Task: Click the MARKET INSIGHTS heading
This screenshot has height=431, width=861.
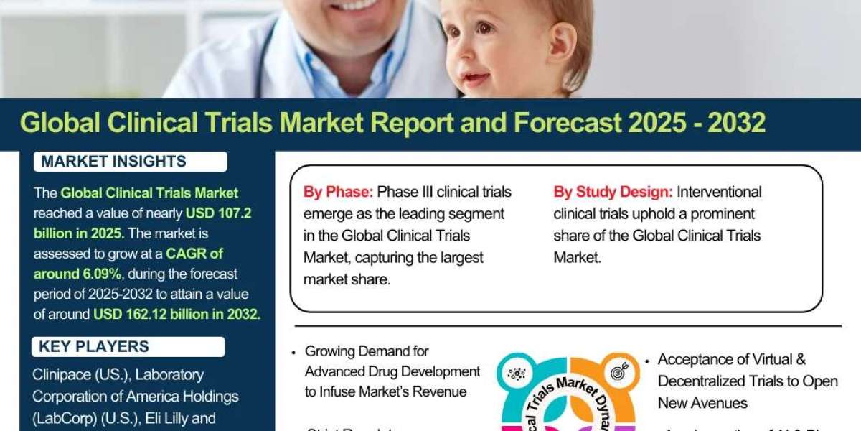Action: pos(113,162)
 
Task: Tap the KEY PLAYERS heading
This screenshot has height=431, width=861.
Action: pos(94,347)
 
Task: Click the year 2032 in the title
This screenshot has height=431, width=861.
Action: pos(736,124)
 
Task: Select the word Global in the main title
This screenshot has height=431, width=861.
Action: pos(60,124)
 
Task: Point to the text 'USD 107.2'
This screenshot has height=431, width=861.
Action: pos(219,213)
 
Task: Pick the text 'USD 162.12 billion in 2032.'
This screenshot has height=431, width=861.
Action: pos(177,314)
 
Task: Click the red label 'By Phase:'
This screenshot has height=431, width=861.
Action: pos(338,192)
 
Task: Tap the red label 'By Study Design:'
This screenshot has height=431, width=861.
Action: pos(613,192)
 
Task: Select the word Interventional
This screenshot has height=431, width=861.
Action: pos(719,192)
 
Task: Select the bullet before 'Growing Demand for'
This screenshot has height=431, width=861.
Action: pos(294,353)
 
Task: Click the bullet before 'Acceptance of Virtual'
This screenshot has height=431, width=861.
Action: pos(647,361)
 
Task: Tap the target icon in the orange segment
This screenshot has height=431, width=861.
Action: pos(616,373)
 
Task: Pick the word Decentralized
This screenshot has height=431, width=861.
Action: pos(706,381)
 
